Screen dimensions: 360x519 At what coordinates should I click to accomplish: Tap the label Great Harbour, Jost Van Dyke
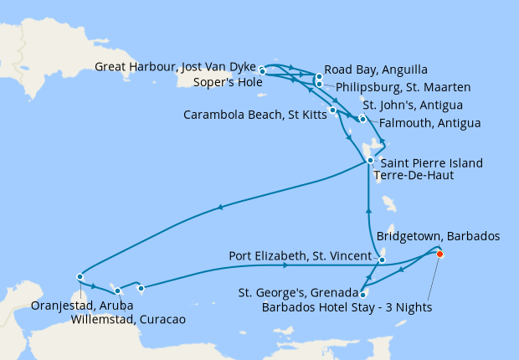click(x=175, y=68)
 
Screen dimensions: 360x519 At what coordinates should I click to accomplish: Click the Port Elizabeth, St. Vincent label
click(x=301, y=255)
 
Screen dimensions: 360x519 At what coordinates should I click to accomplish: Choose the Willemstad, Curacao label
click(x=128, y=319)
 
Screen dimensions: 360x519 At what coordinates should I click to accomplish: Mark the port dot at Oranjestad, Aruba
click(x=80, y=276)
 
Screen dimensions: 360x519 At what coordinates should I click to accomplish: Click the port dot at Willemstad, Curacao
click(x=118, y=291)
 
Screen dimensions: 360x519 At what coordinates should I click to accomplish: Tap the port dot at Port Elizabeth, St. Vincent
click(x=382, y=260)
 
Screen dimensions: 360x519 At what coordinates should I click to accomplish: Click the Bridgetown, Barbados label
click(x=438, y=237)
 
